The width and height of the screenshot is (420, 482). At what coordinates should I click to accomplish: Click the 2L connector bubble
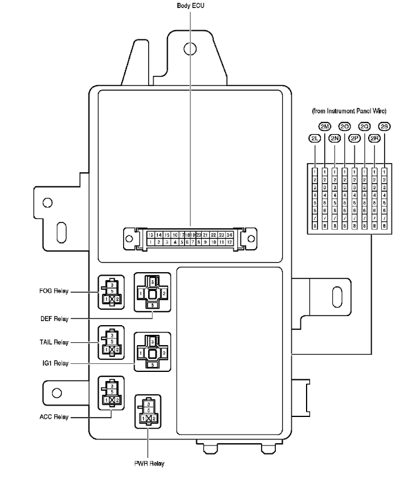point(314,138)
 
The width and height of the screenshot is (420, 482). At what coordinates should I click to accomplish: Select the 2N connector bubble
point(334,138)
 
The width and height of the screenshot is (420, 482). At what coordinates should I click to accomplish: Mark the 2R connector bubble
point(374,138)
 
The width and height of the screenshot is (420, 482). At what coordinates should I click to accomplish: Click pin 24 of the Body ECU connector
point(229,234)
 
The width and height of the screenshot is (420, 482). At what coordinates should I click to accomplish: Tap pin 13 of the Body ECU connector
point(149,234)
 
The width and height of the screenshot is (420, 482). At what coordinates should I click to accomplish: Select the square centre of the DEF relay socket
point(152,293)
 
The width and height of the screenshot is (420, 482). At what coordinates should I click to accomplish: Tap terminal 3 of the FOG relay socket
point(112,283)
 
